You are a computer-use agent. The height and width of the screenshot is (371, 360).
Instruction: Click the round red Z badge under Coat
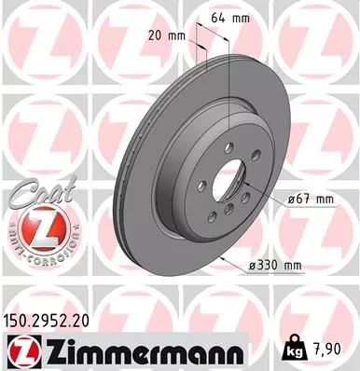pos(33,227)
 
